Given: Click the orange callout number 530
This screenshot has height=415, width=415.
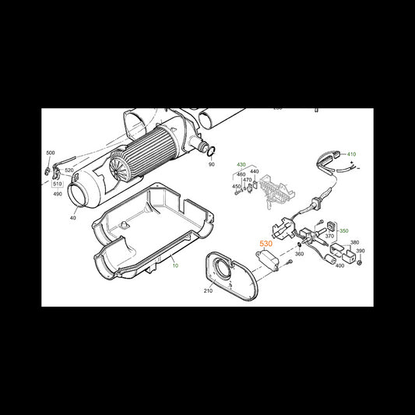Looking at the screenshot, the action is (x=266, y=244).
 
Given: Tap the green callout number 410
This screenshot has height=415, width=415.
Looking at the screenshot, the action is (x=351, y=154).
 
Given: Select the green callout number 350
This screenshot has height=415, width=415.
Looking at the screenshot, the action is (x=344, y=230).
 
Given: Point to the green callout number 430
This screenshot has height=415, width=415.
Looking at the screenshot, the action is (x=241, y=164).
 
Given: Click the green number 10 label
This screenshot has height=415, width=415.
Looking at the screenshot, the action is (x=175, y=266).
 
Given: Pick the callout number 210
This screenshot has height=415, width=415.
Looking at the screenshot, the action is (x=208, y=290).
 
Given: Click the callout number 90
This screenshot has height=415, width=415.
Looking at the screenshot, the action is (x=212, y=164).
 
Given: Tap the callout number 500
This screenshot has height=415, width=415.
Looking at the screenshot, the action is (x=51, y=153).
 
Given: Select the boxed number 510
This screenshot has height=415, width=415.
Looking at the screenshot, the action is (x=58, y=184).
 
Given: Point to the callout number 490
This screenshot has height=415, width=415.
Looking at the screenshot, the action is (x=58, y=194).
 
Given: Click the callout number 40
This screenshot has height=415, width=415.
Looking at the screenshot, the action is (x=72, y=217).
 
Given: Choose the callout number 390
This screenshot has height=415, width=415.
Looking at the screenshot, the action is (x=360, y=251).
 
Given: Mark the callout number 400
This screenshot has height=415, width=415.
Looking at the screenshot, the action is (x=339, y=266).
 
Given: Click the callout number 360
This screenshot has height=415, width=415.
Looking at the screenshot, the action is (x=299, y=254).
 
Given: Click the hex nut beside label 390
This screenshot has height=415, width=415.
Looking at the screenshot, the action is (x=360, y=263).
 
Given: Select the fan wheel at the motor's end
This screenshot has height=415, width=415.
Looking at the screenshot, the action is (x=118, y=164).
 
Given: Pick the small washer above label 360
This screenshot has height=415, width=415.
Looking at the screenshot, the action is (x=298, y=244).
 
